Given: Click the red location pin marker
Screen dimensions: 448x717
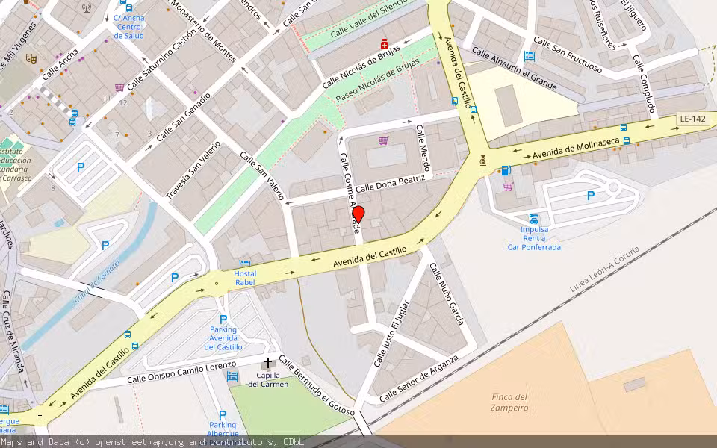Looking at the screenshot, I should [x=358, y=214].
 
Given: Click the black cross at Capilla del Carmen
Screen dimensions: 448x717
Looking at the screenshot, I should [x=268, y=363].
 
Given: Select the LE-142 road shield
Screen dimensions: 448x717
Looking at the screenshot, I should [x=692, y=119].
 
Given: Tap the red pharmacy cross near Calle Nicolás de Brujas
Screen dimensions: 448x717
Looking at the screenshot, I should [x=385, y=43].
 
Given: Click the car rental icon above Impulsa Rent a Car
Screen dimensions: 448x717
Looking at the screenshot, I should [x=534, y=219].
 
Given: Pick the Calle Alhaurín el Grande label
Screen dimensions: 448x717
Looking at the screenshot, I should [x=514, y=70].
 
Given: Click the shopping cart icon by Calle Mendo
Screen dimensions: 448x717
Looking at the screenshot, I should [x=383, y=140].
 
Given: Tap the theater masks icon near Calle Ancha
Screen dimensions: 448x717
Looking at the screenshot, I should [x=31, y=58].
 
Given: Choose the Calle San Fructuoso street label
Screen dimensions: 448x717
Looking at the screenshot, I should [x=568, y=56].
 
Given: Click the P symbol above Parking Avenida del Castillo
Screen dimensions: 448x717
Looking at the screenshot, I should [x=223, y=319].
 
